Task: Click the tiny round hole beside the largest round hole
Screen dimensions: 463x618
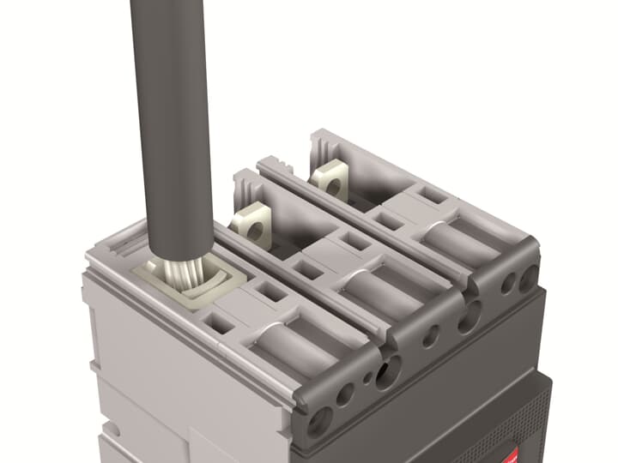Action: pos(368,375)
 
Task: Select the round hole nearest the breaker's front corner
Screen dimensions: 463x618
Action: pos(321,419)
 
